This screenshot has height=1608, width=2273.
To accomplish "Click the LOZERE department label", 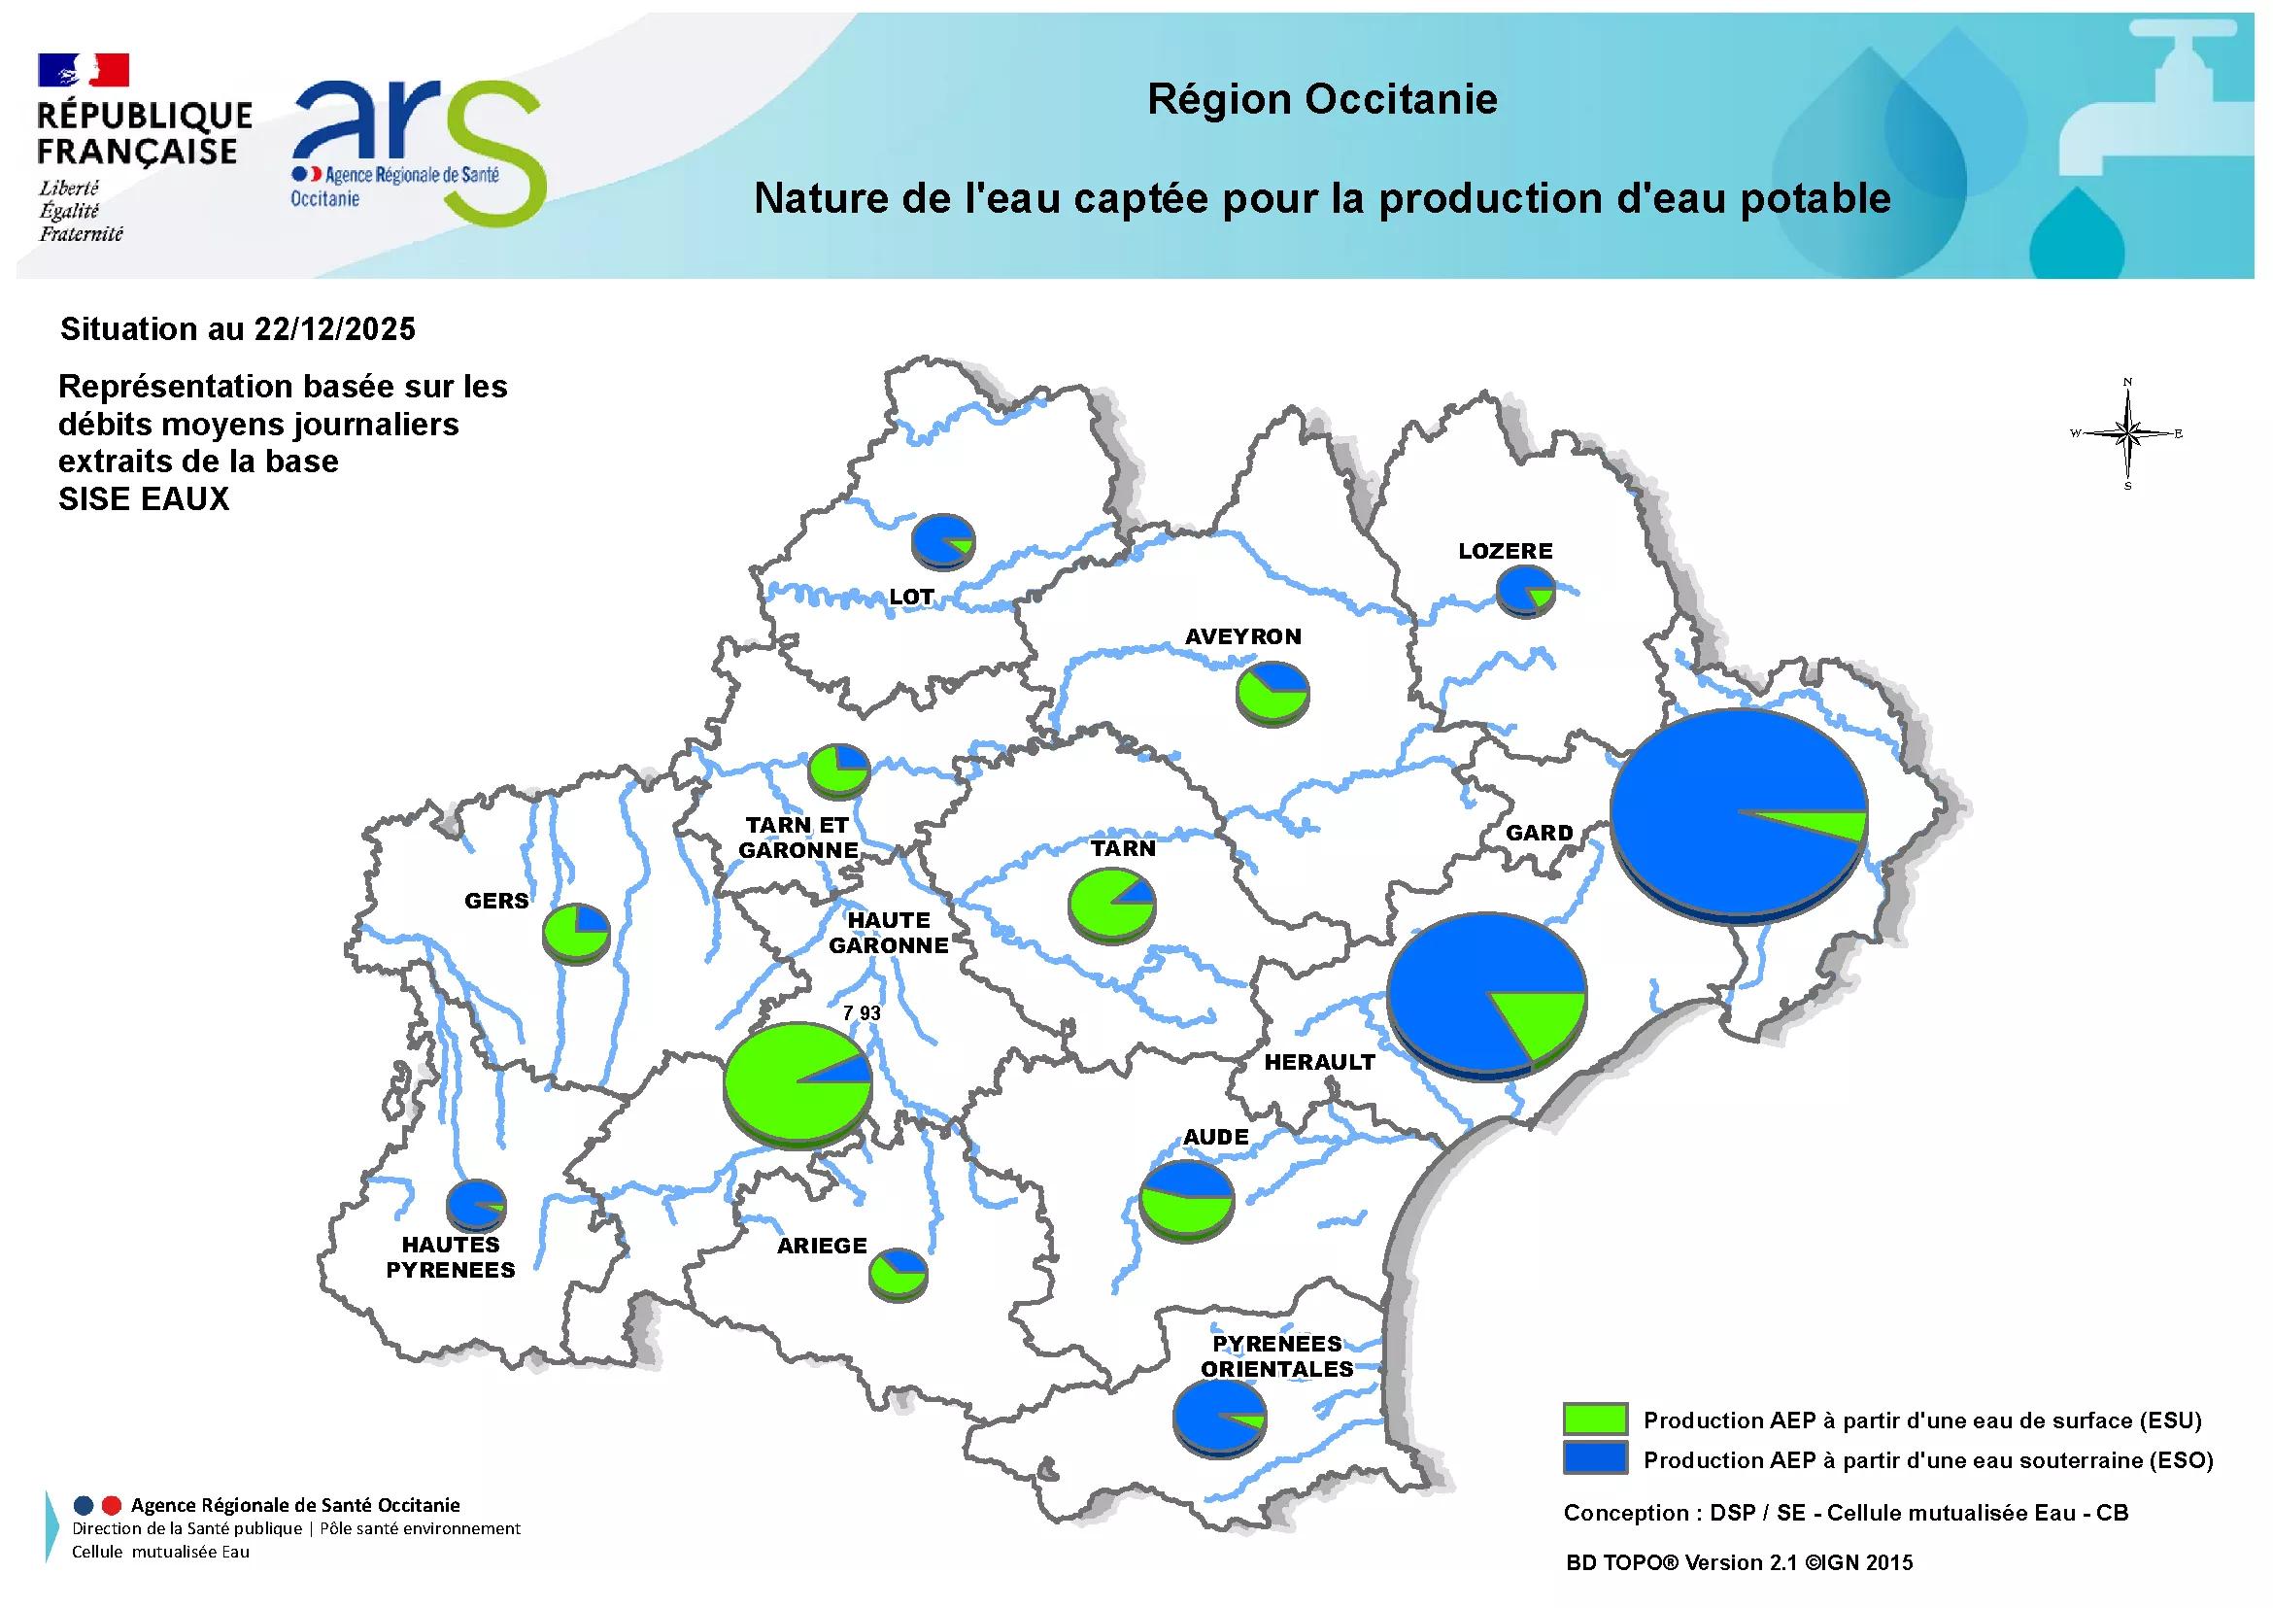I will (1505, 551).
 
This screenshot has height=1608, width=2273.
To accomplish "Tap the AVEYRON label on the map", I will (1243, 636).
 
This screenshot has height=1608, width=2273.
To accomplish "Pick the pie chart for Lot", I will (943, 540).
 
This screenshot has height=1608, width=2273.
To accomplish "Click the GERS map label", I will (497, 901).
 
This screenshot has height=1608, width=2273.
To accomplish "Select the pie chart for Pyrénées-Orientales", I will (1219, 1418).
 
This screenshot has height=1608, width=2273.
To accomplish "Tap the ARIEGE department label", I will (822, 1246).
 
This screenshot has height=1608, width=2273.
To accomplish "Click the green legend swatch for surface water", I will (1595, 1419).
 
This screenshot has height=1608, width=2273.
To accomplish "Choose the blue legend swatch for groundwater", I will (1595, 1458).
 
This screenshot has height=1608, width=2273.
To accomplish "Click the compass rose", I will (2127, 432).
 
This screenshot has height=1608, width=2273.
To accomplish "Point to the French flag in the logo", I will (84, 69).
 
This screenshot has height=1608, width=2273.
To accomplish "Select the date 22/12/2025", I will (334, 328).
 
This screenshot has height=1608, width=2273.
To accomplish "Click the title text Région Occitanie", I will (1322, 99).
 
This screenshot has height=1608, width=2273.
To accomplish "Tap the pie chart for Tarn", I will (1112, 903).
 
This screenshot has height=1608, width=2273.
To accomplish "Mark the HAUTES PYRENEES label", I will (451, 1257).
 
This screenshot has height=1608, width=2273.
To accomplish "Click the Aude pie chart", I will (1187, 1198).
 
